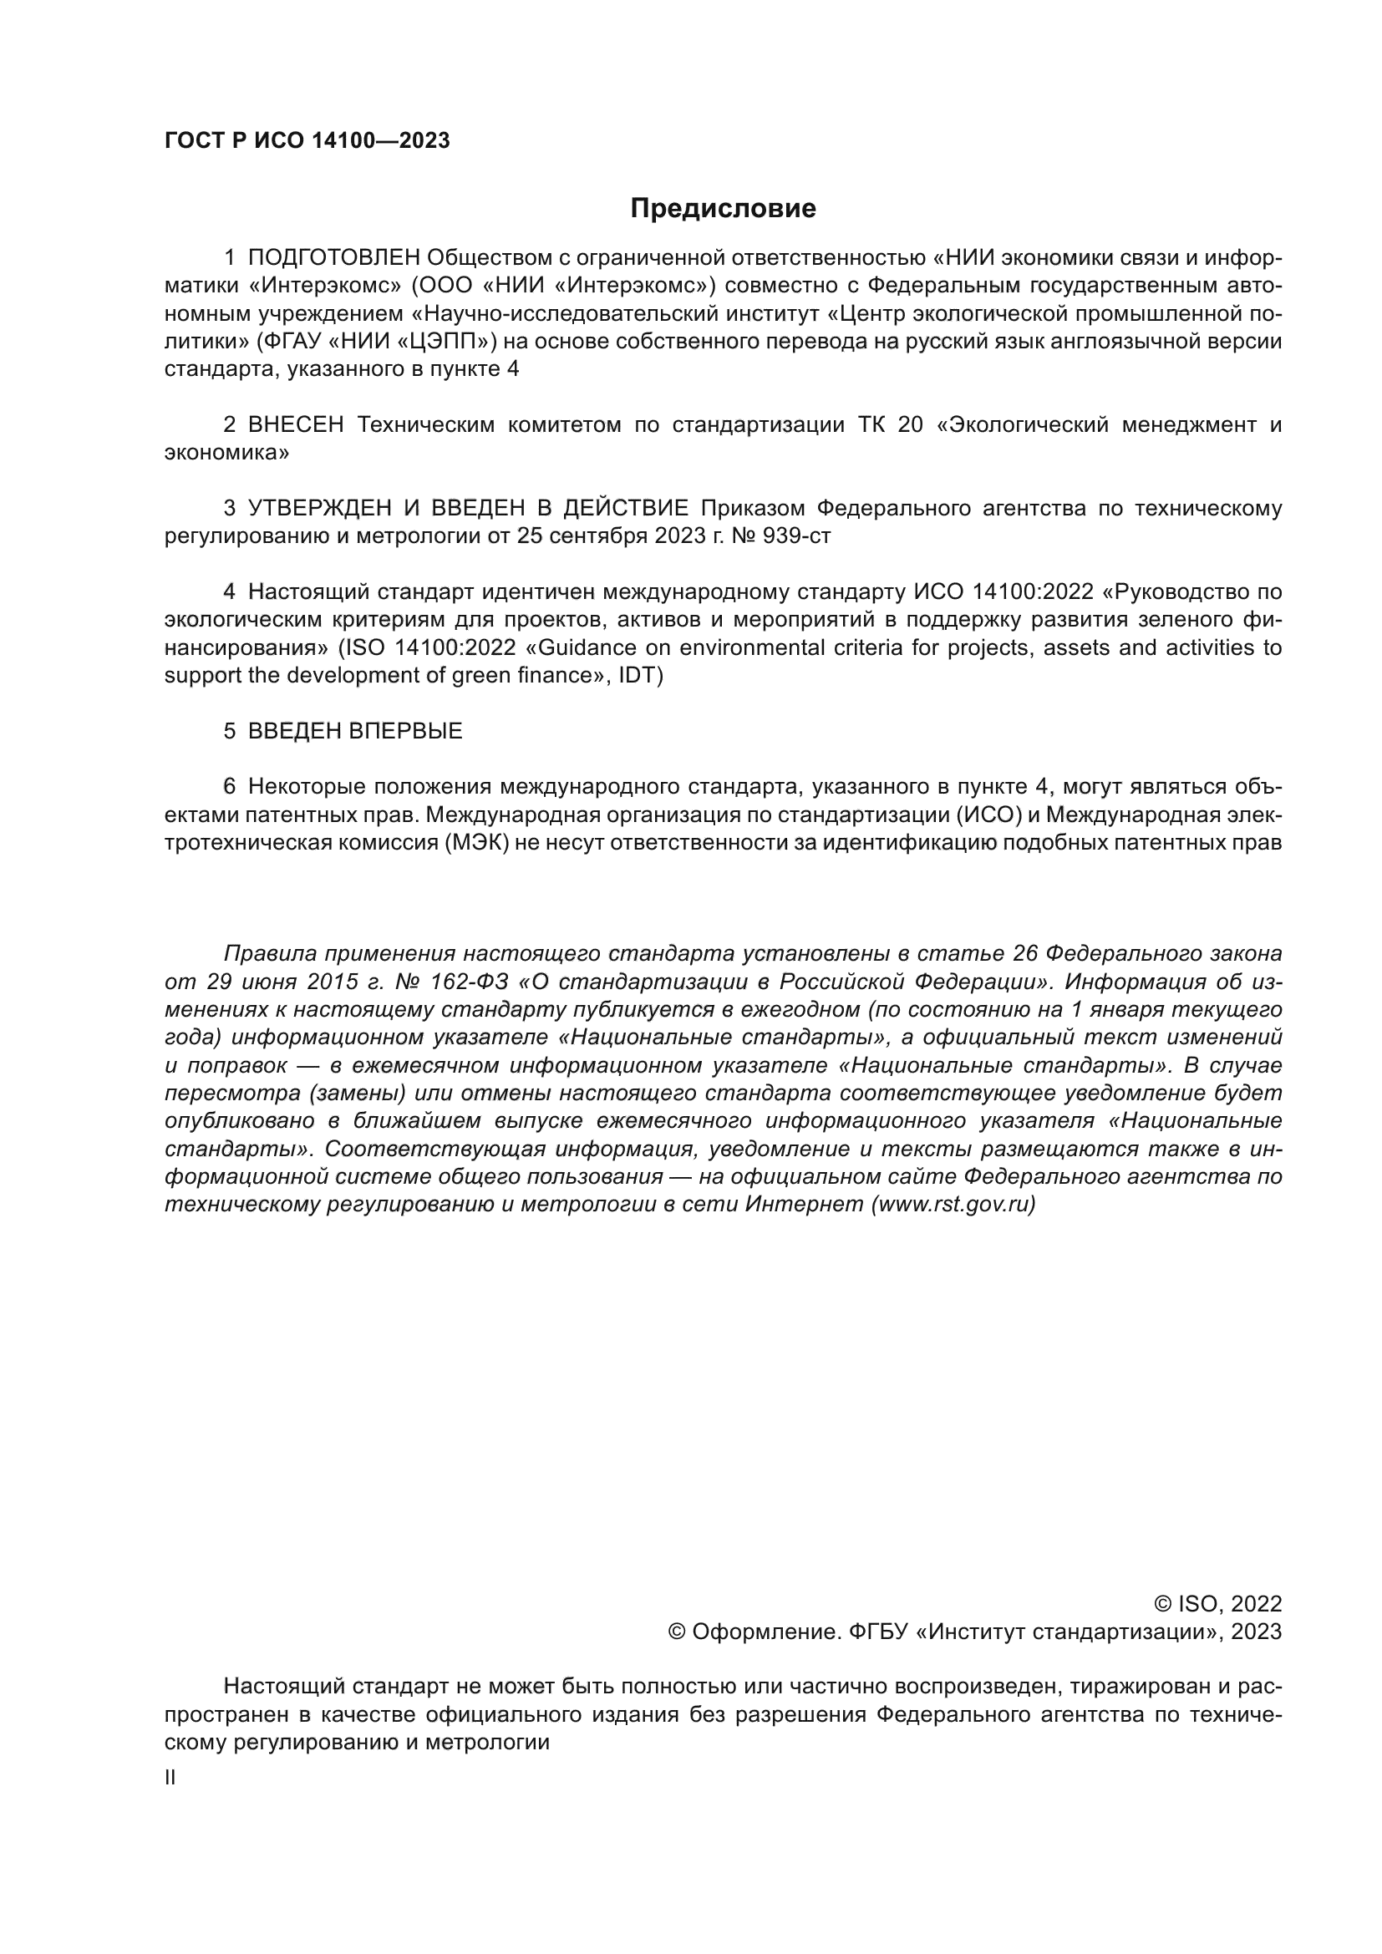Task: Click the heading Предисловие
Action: tap(723, 209)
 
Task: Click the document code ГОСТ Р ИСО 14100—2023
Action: tap(307, 141)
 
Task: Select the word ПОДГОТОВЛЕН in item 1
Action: tap(333, 258)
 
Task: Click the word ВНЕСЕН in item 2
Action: tap(295, 424)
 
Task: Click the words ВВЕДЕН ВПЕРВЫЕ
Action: tap(355, 731)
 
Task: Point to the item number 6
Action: tap(229, 786)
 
